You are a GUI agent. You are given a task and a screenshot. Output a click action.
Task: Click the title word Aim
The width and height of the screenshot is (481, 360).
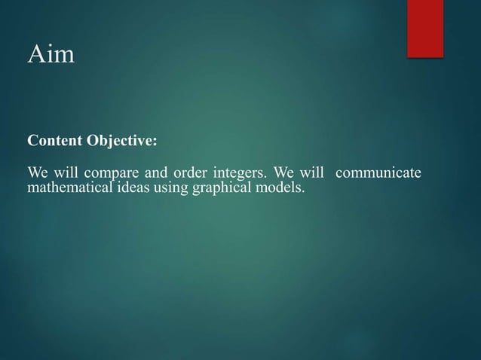coord(51,55)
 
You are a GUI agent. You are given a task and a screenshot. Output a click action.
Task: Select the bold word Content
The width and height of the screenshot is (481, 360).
coord(55,142)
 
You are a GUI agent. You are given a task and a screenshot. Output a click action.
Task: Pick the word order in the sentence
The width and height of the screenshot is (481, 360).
coord(185,175)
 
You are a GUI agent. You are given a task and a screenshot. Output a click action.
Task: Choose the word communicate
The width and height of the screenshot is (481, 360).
coord(378,175)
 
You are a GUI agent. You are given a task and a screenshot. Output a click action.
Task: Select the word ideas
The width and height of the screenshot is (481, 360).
coord(131,188)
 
